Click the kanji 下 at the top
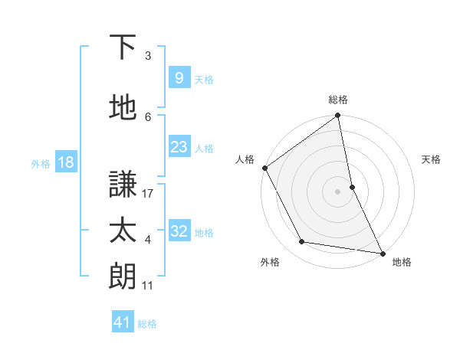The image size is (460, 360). point(123,48)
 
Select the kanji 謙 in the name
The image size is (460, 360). point(123,185)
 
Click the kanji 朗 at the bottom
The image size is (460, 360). point(123,277)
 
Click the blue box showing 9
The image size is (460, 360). point(179,78)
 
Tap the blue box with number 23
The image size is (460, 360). point(179,147)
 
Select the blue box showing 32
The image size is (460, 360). point(179,231)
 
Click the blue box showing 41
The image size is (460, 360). point(123,323)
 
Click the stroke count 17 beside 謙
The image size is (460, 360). point(149,194)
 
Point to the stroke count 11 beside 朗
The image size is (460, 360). point(148,286)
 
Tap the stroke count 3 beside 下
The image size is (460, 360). point(148,56)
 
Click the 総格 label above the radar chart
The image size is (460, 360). point(338,100)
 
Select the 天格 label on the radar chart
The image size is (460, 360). point(431,159)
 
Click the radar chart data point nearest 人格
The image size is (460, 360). point(264,168)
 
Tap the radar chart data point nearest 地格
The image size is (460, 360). point(382,252)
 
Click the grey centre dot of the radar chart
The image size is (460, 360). point(337,191)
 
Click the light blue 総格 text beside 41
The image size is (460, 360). point(147,324)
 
